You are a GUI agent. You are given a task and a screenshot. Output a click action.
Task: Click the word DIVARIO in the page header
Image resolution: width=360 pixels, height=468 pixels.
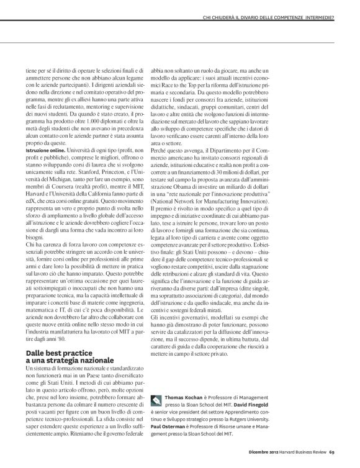point(238,9)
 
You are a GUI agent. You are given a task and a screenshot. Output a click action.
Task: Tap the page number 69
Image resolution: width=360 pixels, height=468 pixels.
point(332,460)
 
